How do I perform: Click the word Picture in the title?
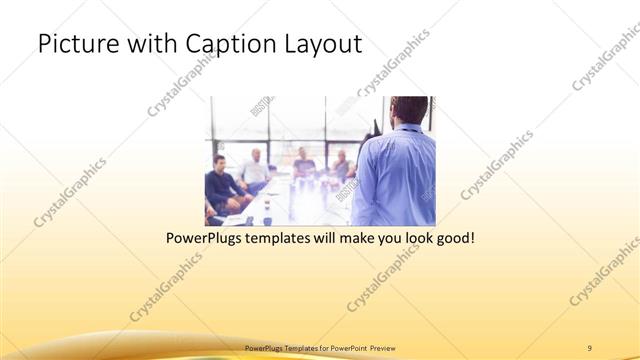pos(74,44)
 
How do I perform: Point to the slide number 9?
pos(590,347)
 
